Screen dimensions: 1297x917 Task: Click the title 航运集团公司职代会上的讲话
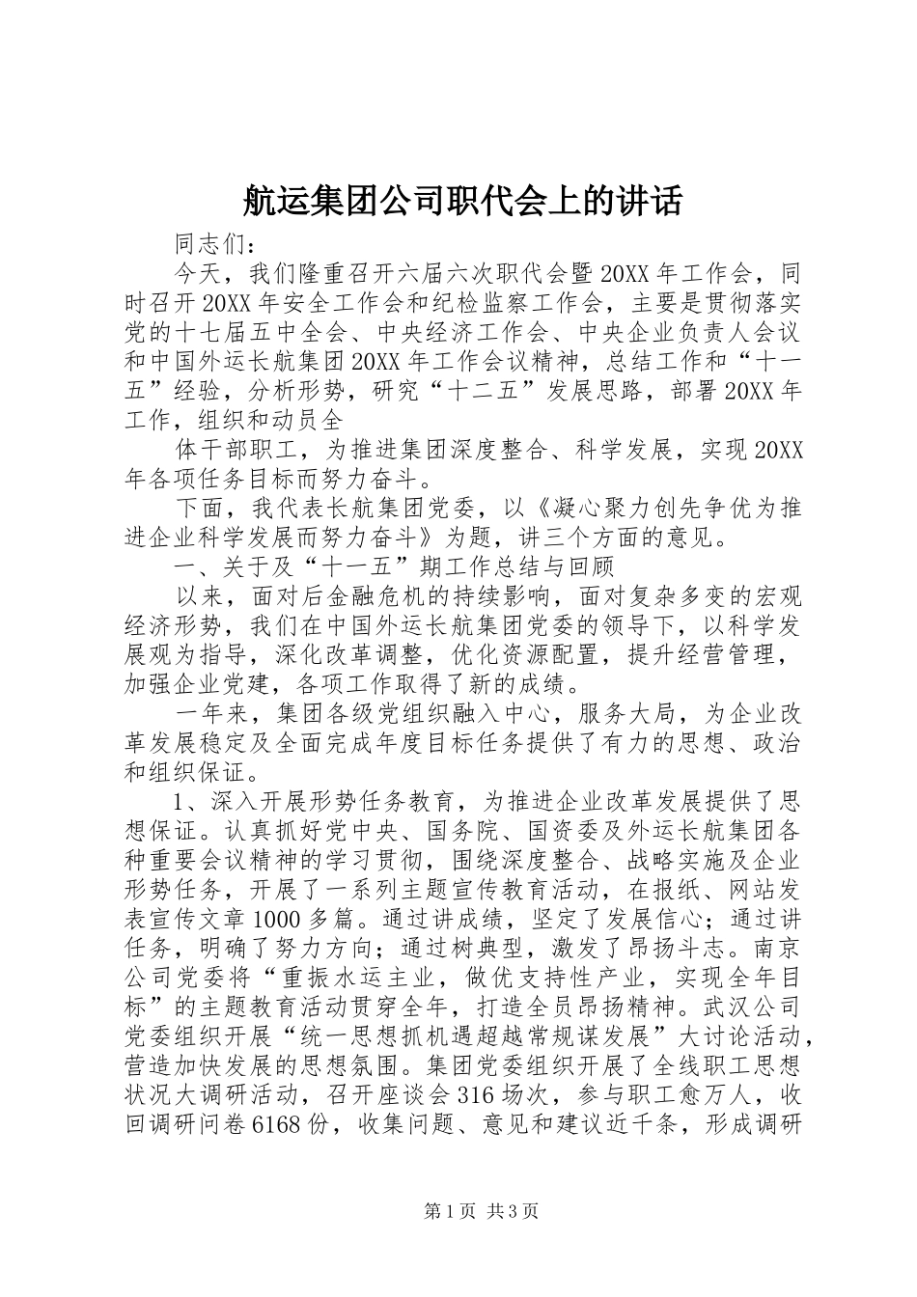tap(458, 202)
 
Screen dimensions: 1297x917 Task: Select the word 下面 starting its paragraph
tap(200, 508)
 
